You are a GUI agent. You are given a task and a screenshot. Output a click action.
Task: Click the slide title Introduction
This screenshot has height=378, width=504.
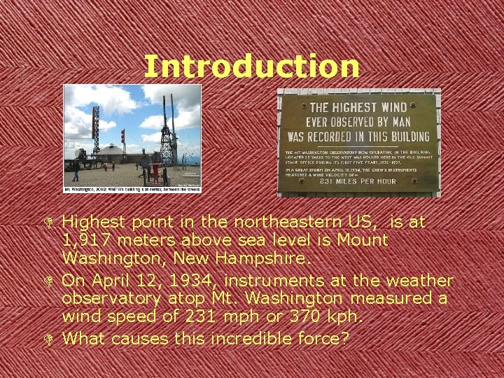251,66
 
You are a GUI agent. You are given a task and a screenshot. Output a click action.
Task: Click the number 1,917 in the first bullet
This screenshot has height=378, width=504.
85,240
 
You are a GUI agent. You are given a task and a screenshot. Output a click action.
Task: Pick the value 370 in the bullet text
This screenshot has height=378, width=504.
294,316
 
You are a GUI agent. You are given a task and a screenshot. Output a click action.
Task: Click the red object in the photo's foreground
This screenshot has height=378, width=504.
156,172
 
